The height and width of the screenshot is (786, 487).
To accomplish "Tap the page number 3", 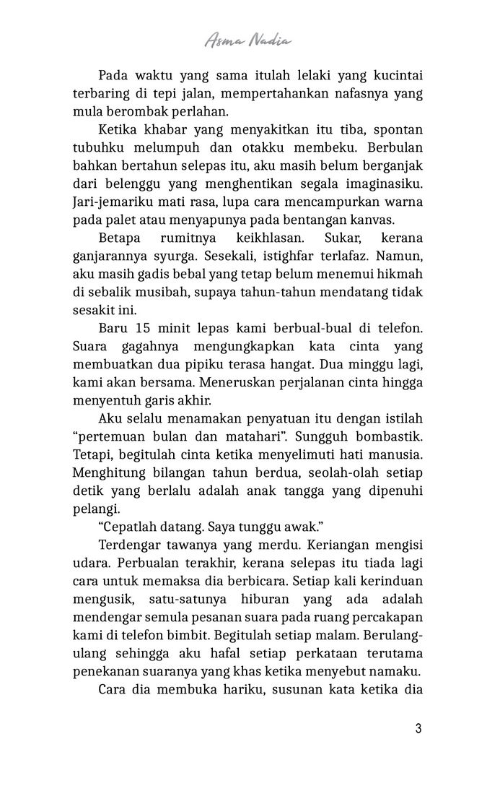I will pos(418,727).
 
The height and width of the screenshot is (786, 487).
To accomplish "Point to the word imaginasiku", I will pos(382,183).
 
